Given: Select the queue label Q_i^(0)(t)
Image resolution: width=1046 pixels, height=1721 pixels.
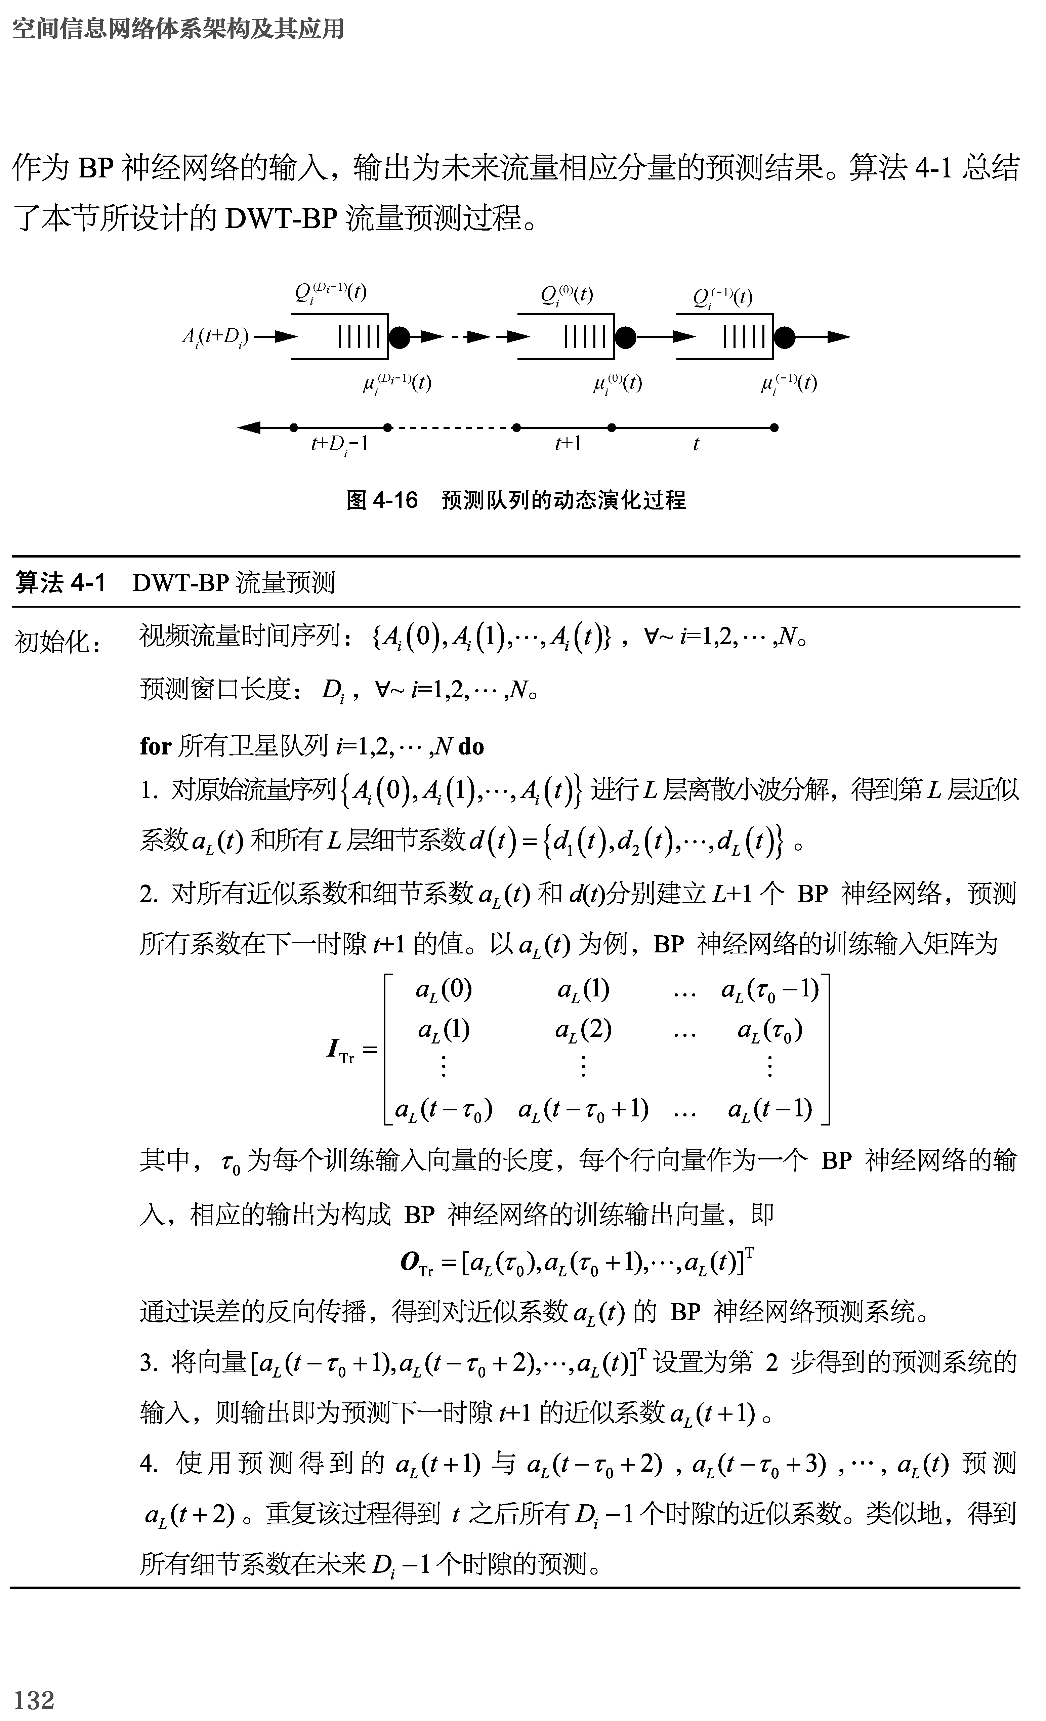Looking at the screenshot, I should [x=566, y=295].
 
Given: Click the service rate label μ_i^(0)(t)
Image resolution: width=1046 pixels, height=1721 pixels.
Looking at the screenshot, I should [x=617, y=383].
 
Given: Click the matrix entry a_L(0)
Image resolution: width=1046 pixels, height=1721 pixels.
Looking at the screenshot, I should [x=444, y=990].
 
